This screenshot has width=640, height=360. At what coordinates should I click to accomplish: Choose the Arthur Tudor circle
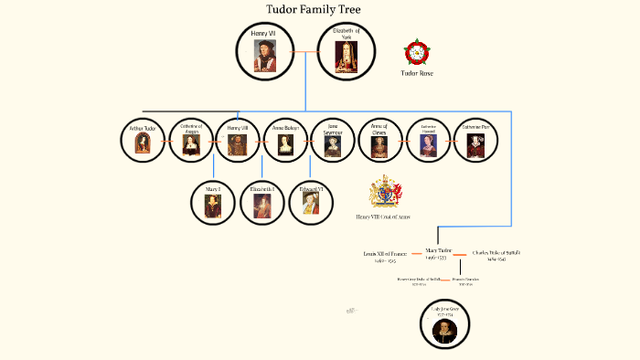(144, 140)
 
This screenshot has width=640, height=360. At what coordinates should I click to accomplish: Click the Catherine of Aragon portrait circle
(191, 140)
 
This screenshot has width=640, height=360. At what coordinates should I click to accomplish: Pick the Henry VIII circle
(239, 140)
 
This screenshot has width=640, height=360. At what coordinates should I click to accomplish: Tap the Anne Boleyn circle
(286, 140)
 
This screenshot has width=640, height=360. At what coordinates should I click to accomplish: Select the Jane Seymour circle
(334, 140)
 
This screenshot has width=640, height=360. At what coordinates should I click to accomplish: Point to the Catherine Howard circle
(429, 140)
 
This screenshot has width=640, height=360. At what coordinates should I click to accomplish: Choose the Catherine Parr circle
(476, 140)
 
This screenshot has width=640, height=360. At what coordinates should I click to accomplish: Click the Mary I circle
(214, 202)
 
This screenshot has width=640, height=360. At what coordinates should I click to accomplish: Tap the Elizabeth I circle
(261, 202)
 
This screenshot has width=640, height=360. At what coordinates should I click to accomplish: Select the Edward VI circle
(310, 202)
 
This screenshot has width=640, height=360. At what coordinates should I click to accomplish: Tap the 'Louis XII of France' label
(385, 251)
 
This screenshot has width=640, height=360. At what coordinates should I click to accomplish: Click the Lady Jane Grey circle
(451, 325)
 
